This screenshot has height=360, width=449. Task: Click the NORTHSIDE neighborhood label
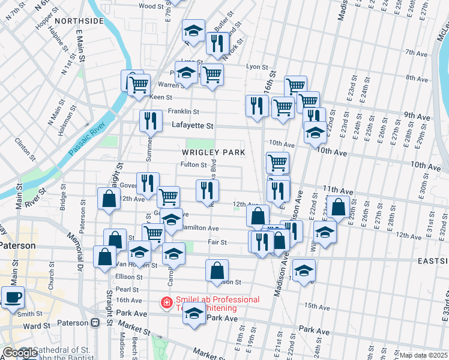click(79, 21)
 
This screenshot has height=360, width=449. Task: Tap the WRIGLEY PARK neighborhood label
click(213, 152)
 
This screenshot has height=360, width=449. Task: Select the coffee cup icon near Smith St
click(13, 297)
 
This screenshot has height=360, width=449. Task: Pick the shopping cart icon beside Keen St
click(139, 84)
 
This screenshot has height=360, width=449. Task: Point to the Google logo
click(19, 353)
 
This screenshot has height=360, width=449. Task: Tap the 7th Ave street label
click(416, 53)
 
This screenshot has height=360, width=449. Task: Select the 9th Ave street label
click(415, 115)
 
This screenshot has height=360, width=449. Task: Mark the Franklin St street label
click(183, 112)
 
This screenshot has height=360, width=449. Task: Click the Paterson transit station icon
click(95, 323)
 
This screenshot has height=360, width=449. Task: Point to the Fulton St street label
click(193, 164)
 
